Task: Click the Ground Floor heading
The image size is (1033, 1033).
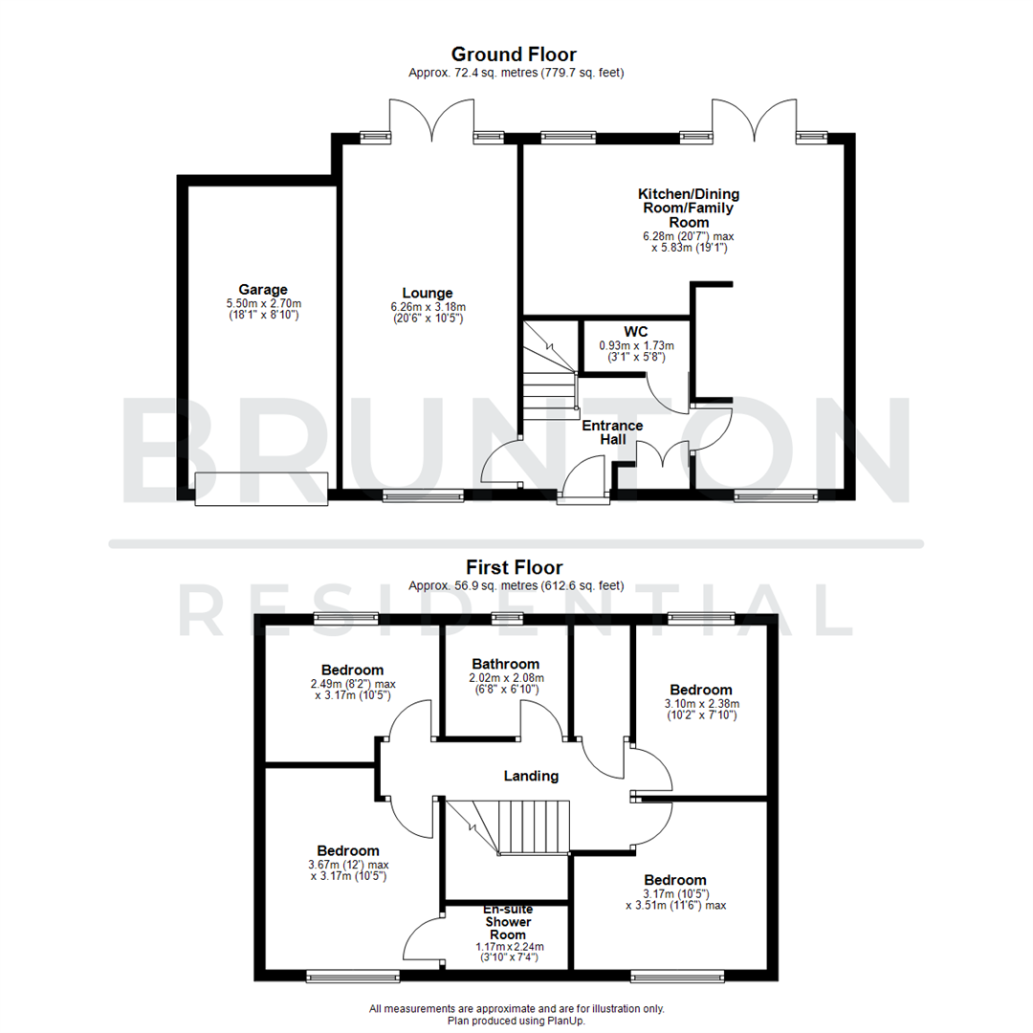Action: [514, 55]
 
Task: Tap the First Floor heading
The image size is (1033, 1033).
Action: [514, 567]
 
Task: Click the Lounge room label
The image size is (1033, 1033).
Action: [428, 293]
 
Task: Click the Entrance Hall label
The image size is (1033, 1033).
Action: [612, 432]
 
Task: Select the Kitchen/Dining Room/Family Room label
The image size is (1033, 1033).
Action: [689, 208]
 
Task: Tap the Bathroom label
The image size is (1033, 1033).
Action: [505, 664]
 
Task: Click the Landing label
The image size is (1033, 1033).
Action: [533, 776]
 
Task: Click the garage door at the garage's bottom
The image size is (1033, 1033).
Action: [262, 489]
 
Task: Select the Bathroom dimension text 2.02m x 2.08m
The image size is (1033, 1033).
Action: [505, 678]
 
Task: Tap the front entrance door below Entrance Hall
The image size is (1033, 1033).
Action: [584, 478]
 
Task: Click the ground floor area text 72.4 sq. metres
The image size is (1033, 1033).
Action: [516, 73]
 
